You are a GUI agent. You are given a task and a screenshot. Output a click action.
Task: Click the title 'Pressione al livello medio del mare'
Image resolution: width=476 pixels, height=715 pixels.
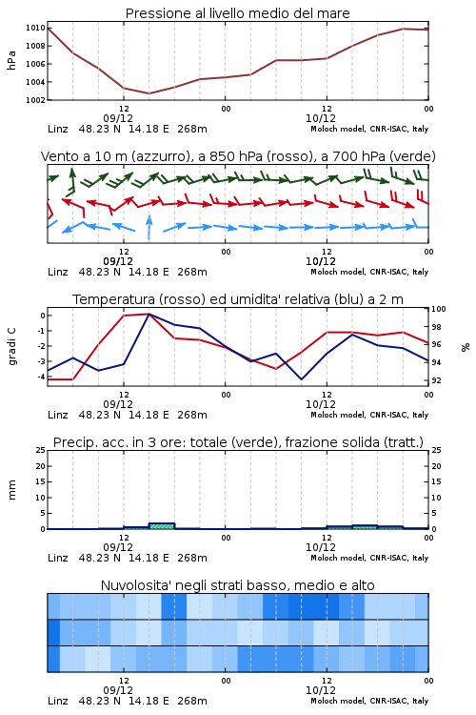tap(237, 13)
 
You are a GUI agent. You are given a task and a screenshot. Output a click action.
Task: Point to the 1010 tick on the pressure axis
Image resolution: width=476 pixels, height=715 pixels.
tap(35, 28)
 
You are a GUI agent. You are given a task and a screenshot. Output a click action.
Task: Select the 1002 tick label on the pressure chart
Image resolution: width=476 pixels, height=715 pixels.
tap(35, 100)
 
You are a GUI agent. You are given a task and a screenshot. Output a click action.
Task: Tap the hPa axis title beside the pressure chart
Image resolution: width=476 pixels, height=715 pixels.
tap(11, 60)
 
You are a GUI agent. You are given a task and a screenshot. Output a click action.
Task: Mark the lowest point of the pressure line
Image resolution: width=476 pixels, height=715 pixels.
tap(149, 93)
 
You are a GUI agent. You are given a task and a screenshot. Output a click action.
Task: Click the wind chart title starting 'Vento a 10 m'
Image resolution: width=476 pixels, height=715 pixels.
tap(238, 156)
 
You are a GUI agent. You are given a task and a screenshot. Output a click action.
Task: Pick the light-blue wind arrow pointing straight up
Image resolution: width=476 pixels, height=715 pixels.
tap(149, 227)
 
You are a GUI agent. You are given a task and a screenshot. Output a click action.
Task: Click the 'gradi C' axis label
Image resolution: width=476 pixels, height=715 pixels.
tap(11, 347)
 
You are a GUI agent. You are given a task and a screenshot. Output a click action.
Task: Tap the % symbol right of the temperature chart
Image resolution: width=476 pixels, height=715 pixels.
tap(466, 347)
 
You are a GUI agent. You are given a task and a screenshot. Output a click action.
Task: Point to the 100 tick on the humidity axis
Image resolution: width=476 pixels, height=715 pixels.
tap(439, 309)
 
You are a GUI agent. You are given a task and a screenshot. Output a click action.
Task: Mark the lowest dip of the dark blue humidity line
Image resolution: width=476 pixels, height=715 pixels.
tap(301, 378)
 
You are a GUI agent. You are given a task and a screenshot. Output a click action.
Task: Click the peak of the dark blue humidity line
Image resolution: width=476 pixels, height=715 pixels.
tap(149, 314)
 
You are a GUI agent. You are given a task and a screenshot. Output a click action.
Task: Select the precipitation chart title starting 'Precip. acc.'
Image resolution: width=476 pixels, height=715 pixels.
tap(238, 442)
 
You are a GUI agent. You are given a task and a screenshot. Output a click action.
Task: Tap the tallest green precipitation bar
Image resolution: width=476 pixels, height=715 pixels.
tap(162, 525)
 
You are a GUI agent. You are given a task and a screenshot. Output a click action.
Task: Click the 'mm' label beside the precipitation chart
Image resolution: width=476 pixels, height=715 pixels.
tap(11, 490)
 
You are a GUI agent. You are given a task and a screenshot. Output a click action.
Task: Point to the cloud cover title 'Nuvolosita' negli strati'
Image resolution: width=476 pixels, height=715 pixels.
tap(237, 585)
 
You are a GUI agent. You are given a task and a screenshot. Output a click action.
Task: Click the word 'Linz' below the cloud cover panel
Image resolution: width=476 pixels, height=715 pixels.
tap(58, 701)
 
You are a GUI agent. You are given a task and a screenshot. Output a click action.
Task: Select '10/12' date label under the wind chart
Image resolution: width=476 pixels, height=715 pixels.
tap(320, 261)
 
